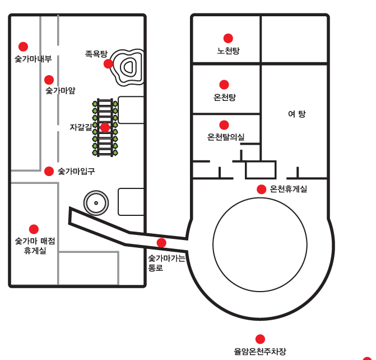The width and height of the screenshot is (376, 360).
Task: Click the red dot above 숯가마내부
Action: pyautogui.click(x=23, y=46)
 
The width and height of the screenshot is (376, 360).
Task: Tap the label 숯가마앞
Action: pyautogui.click(x=61, y=90)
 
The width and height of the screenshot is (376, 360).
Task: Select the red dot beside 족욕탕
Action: pyautogui.click(x=108, y=63)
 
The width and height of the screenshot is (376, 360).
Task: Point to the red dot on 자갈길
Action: pyautogui.click(x=105, y=127)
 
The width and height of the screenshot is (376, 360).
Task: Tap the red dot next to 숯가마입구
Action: pyautogui.click(x=49, y=170)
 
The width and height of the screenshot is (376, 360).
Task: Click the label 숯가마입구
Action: pyautogui.click(x=76, y=171)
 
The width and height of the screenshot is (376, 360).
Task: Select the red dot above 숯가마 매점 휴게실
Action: pyautogui.click(x=34, y=229)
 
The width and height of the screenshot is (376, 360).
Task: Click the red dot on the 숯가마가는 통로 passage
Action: pyautogui.click(x=161, y=243)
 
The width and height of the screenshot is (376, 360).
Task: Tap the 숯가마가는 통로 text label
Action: pyautogui.click(x=166, y=263)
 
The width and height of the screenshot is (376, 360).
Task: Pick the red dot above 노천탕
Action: pyautogui.click(x=228, y=38)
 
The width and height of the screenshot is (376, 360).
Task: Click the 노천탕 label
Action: pyautogui.click(x=228, y=51)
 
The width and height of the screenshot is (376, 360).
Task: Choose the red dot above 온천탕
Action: pyautogui.click(x=224, y=85)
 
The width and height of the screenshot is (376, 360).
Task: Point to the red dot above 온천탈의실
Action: pyautogui.click(x=224, y=124)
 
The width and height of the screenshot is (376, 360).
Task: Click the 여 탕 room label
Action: pyautogui.click(x=296, y=114)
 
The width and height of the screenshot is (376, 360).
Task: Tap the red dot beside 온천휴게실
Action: pyautogui.click(x=261, y=189)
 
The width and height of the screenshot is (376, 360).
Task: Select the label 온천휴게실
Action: pyautogui.click(x=289, y=189)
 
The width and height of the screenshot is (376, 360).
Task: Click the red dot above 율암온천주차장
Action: pyautogui.click(x=260, y=339)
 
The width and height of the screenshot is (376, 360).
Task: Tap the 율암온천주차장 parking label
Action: pyautogui.click(x=260, y=352)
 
